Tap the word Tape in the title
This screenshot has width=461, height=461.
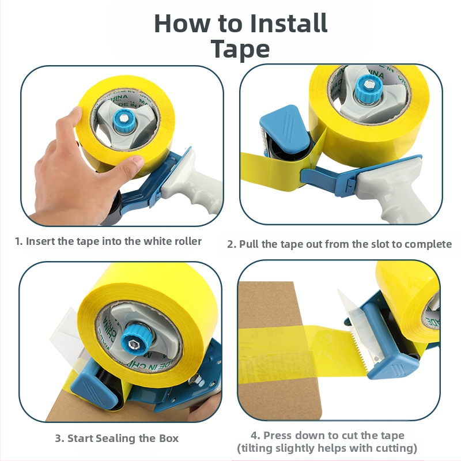[240, 49]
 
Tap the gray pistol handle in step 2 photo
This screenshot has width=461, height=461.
[394, 191]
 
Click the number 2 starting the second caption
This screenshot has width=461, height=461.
[232, 244]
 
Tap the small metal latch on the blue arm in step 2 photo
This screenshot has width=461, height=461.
[350, 184]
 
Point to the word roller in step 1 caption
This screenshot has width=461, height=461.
[188, 241]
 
